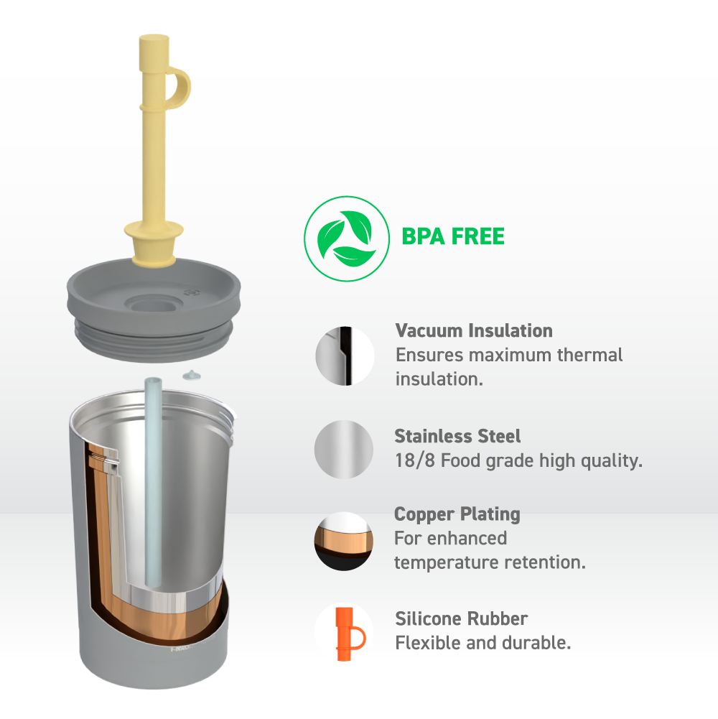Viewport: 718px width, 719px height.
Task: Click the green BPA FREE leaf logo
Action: tap(347, 238)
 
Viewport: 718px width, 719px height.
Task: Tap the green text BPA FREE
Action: tap(453, 236)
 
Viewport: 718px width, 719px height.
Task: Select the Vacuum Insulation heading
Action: tap(474, 330)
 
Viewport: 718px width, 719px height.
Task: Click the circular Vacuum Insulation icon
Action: tap(345, 356)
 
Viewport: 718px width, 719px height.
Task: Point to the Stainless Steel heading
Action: tap(457, 436)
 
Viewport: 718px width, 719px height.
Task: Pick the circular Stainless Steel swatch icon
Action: tap(344, 450)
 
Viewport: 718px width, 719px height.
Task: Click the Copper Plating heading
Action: tap(457, 514)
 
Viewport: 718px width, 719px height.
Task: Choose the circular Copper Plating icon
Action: tap(343, 541)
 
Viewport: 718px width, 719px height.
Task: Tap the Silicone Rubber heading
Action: tap(462, 618)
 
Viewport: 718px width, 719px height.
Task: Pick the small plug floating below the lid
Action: tap(192, 376)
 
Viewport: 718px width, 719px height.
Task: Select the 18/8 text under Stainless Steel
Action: tap(415, 460)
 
